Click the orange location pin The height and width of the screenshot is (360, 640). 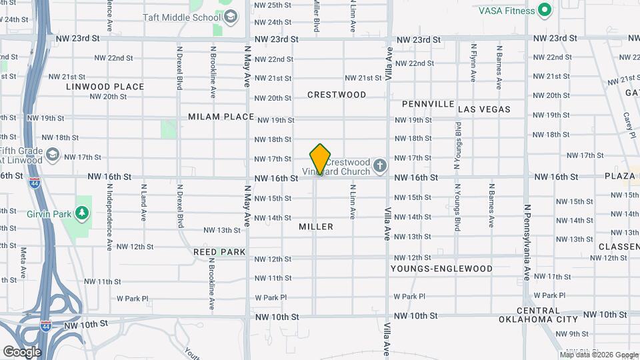click(x=321, y=159)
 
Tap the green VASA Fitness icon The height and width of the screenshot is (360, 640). click(x=545, y=10)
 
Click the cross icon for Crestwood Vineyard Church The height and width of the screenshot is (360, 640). click(x=380, y=165)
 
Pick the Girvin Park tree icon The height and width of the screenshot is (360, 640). click(x=82, y=212)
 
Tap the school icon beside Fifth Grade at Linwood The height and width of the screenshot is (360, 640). click(x=52, y=156)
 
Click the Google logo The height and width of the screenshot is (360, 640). click(x=22, y=351)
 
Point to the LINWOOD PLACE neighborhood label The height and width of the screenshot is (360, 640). click(x=105, y=87)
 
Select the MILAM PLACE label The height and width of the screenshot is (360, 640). click(x=221, y=117)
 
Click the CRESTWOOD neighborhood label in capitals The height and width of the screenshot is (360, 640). click(x=337, y=95)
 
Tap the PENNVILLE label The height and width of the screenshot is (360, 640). click(x=428, y=105)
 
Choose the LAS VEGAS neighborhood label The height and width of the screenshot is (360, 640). click(x=485, y=109)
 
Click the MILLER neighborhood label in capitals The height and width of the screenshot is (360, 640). click(x=316, y=227)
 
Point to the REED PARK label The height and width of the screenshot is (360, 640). click(x=219, y=252)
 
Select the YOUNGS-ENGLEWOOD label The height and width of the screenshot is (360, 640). click(x=441, y=269)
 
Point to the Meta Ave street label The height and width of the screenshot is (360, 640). click(x=23, y=255)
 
